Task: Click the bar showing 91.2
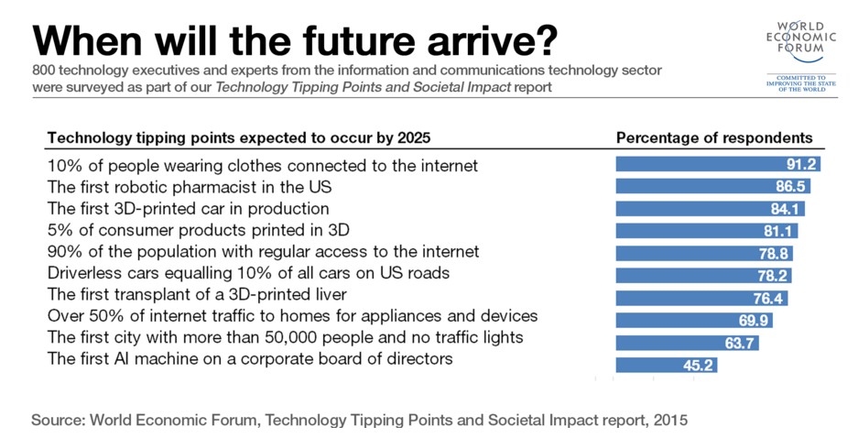coord(717,165)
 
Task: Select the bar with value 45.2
coord(666,365)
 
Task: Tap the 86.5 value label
coord(790,187)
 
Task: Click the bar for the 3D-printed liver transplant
coord(701,298)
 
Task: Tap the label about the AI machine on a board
coord(250,359)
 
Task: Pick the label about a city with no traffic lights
coord(285,337)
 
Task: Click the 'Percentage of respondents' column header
coord(714,138)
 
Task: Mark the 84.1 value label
coord(785,209)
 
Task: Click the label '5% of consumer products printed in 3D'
coord(199,229)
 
